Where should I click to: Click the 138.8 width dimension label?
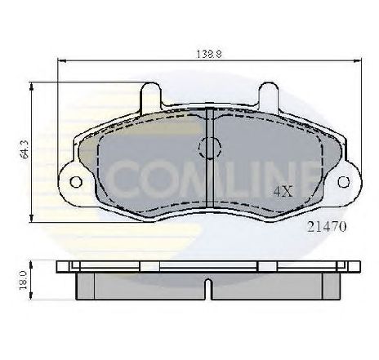[x=209, y=54]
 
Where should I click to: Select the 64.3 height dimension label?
[x=25, y=149]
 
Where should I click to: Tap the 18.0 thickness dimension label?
[x=24, y=280]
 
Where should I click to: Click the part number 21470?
[x=327, y=226]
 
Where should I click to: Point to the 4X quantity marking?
[x=283, y=192]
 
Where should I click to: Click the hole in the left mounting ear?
[x=76, y=182]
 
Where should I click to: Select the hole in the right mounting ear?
[x=344, y=182]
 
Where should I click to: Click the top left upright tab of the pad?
[x=150, y=97]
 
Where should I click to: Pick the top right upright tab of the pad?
[x=269, y=97]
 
